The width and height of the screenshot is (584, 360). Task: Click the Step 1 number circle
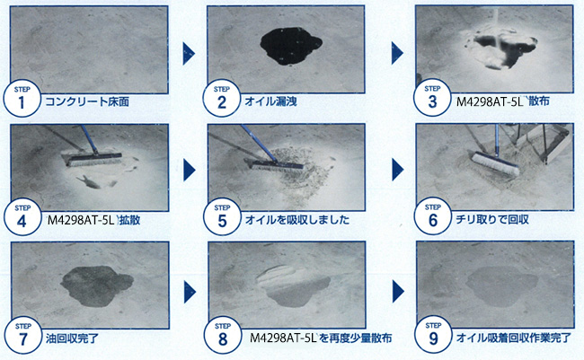22,99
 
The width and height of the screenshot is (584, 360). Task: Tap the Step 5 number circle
222,217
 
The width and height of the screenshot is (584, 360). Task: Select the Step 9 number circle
433,335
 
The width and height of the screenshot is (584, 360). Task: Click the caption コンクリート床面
87,101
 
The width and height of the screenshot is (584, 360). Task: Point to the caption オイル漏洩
270,101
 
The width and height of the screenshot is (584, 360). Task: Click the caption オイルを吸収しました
297,220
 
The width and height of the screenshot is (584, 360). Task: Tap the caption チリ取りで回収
492,219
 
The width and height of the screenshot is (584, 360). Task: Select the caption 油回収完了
72,338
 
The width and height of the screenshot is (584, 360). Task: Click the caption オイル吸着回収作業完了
514,338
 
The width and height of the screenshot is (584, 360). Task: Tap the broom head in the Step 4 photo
92,158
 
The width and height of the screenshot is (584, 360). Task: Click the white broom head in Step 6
496,163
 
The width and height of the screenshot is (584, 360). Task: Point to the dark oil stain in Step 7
96,285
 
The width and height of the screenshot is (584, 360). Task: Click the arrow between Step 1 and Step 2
189,54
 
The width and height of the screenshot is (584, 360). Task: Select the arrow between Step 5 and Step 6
397,170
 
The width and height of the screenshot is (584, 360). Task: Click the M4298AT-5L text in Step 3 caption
491,101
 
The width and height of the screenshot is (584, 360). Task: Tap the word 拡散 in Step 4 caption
129,220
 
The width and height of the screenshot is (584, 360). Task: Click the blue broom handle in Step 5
259,144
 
